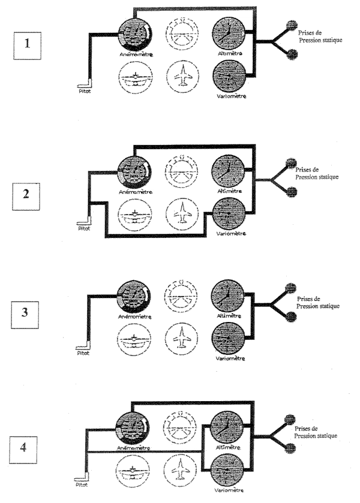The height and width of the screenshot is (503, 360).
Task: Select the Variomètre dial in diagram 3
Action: (x=229, y=339)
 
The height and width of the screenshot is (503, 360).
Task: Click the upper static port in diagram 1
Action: (x=292, y=27)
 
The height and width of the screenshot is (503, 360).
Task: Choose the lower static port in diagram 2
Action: (x=292, y=191)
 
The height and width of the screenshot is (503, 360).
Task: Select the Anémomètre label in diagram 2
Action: (x=135, y=192)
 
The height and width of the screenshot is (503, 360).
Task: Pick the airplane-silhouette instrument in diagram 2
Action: (x=181, y=212)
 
